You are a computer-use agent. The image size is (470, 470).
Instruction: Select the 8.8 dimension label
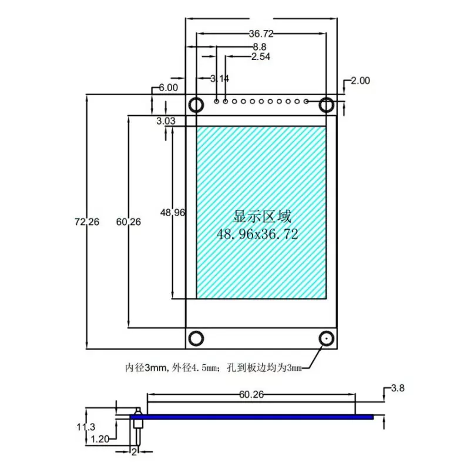point(260,46)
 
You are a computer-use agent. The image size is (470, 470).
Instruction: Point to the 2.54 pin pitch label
point(260,57)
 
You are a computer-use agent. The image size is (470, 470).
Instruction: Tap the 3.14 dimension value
point(220,79)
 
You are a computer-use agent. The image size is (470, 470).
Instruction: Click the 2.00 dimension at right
point(360,81)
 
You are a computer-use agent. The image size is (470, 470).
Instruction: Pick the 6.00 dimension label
point(168,88)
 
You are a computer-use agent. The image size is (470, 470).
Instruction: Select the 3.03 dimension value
point(166,122)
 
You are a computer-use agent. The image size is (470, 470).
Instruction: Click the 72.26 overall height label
point(87,222)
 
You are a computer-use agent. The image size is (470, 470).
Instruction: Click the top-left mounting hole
point(196,105)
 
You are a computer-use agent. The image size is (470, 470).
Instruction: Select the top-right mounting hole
point(327,105)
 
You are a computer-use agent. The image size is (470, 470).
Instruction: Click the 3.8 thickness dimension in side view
point(398,388)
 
